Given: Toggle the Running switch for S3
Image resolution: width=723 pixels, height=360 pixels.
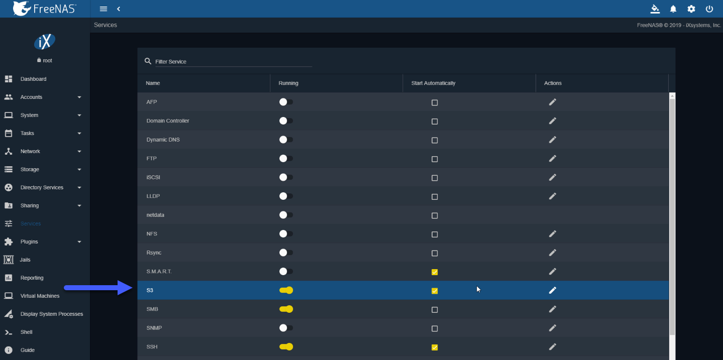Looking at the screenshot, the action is point(286,290).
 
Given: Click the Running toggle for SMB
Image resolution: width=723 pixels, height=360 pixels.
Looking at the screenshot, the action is point(286,309).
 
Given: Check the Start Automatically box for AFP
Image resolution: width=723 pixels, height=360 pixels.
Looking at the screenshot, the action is point(435,102).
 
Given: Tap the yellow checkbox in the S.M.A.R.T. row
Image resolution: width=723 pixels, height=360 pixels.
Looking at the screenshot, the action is point(435,272).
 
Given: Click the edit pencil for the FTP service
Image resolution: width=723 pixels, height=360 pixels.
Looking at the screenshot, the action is point(552,158).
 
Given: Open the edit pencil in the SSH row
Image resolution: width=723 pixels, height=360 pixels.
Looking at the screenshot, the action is point(552,347).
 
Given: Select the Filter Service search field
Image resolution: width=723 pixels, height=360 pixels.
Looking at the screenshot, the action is point(233,62).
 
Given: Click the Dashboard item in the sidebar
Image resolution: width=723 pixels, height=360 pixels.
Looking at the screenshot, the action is point(33,79).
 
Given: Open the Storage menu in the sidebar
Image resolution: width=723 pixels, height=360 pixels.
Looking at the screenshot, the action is point(30,169).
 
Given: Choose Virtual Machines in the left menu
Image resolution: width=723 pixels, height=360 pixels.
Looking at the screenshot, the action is point(40,296).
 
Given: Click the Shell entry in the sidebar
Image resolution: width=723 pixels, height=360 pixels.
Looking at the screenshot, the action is point(26,332).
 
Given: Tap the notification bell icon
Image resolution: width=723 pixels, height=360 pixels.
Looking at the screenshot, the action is point(673,9).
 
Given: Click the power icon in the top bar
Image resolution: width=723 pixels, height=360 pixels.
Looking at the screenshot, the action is point(709,9).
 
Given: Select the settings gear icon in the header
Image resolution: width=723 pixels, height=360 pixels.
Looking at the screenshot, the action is point(691,9).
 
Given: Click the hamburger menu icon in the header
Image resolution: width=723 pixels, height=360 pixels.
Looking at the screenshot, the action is point(104,9).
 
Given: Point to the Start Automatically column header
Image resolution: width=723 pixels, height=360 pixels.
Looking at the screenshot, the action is point(433,83).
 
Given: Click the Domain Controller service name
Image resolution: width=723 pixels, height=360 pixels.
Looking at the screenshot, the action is point(167,121).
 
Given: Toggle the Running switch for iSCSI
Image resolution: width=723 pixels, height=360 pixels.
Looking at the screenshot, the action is point(286,177).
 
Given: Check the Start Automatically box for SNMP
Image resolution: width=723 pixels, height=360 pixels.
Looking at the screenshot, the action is point(435,328).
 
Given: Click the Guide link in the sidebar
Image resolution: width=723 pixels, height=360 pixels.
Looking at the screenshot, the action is point(28,350).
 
